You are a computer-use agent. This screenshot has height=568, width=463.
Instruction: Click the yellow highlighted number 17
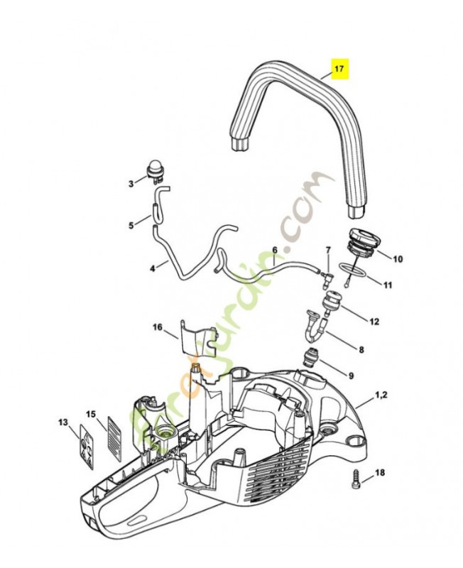339,70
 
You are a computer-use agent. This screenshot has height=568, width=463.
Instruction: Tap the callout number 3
131,184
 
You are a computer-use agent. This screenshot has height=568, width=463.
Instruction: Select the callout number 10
398,259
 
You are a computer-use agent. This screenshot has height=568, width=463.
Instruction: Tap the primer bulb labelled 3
153,169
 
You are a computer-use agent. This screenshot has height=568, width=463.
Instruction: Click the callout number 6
274,250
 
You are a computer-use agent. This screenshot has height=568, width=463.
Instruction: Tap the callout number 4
153,268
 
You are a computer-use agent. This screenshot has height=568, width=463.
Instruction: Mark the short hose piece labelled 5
152,212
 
